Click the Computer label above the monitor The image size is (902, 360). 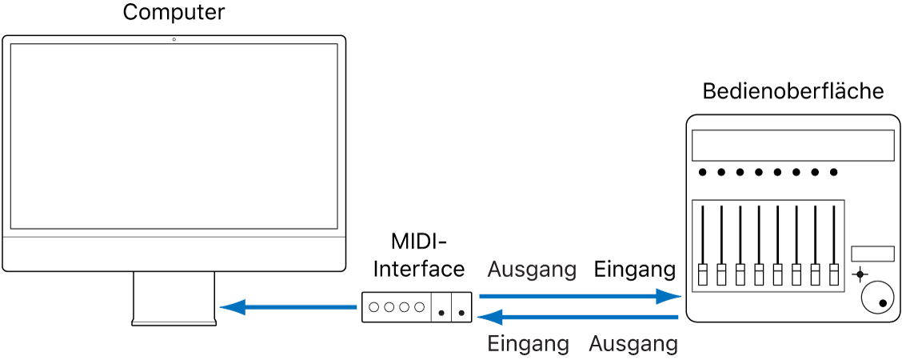click(174, 13)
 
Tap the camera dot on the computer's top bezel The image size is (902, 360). click(174, 39)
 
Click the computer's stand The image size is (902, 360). click(174, 298)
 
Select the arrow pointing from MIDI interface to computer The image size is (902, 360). click(287, 306)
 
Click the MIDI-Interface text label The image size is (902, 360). click(418, 255)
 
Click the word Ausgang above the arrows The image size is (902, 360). click(532, 270)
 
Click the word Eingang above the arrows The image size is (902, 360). click(635, 270)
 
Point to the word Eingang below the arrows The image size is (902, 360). click(529, 344)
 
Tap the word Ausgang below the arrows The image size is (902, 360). click(633, 344)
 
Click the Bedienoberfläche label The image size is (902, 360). click(792, 91)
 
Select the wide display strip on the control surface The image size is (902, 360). click(792, 146)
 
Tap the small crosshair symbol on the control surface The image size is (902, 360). click(860, 274)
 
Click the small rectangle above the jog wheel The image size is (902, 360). click(872, 253)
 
